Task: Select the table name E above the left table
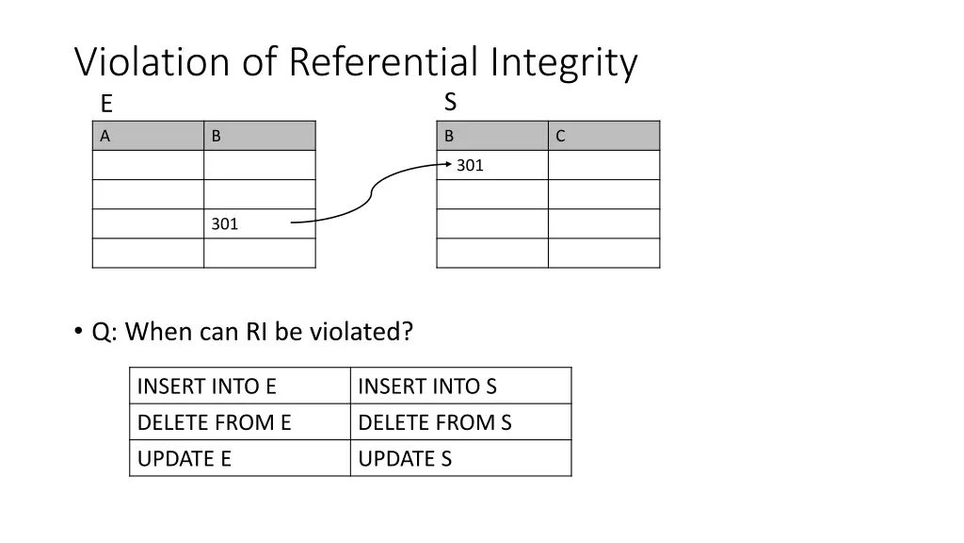[x=106, y=105]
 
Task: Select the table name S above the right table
[x=450, y=102]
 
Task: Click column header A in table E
[x=105, y=136]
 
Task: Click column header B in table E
[x=217, y=136]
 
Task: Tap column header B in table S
[x=449, y=136]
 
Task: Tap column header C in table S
[x=560, y=136]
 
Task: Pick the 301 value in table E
[x=225, y=224]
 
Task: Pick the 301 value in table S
[x=471, y=166]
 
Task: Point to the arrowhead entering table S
[x=448, y=164]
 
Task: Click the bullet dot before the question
[x=78, y=332]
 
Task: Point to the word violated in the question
[x=360, y=332]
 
